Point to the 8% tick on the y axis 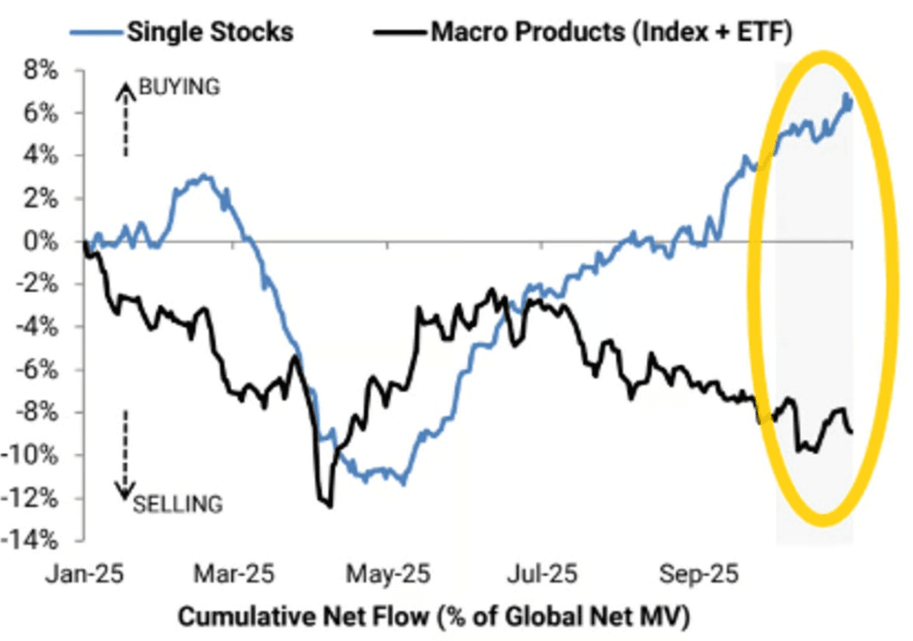(x=40, y=70)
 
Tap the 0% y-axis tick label (x=40, y=241)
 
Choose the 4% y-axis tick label (x=40, y=156)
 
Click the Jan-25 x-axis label (x=83, y=575)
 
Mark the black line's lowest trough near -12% (x=329, y=505)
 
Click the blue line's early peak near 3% (x=203, y=175)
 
